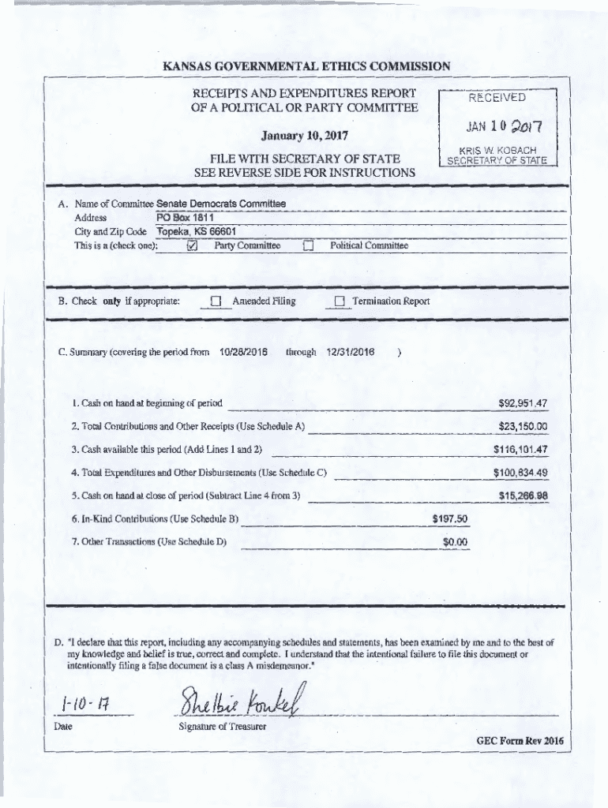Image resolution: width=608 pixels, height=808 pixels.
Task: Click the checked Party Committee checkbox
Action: tap(192, 246)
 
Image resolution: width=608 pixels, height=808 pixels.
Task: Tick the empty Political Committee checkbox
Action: tap(309, 246)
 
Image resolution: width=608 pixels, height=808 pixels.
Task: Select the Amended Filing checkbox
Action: tap(216, 301)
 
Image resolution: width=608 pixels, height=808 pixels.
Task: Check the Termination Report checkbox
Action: tap(340, 301)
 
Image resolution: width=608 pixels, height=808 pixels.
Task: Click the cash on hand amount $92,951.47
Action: tap(523, 404)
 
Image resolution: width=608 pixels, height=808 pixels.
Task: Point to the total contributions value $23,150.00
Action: tap(523, 427)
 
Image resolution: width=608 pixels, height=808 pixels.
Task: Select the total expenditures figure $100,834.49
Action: tap(520, 473)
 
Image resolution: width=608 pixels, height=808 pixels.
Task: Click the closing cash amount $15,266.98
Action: tap(523, 496)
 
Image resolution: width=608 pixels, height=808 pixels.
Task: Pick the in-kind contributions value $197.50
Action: tap(450, 518)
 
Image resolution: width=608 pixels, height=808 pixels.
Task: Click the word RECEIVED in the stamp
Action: tap(497, 99)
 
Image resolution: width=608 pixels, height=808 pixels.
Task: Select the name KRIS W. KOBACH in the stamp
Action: tap(498, 150)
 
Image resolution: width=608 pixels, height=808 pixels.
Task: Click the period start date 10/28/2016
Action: tap(242, 352)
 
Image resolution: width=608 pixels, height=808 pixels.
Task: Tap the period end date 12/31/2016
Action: tap(350, 352)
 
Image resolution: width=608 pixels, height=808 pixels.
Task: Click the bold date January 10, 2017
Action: tap(304, 135)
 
